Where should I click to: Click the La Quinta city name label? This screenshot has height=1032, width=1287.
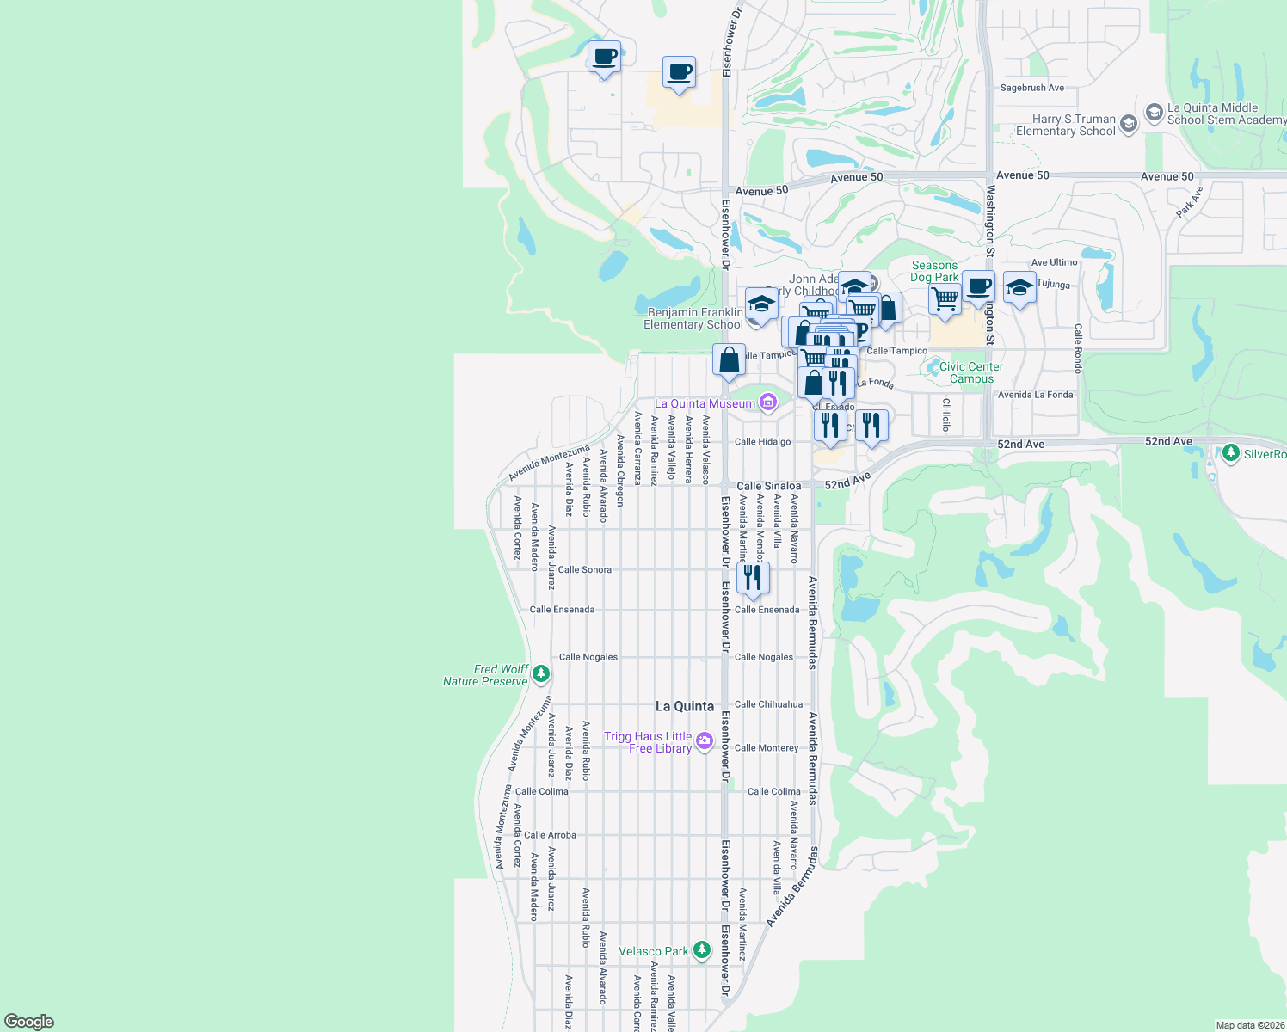click(x=685, y=706)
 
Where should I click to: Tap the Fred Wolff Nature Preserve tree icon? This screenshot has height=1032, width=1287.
click(x=541, y=673)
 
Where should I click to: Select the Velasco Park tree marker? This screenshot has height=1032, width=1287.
click(x=703, y=950)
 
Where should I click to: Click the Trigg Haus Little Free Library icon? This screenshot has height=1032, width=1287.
click(x=705, y=740)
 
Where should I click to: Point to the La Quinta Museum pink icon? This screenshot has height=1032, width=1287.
click(x=767, y=402)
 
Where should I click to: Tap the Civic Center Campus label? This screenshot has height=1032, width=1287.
click(x=971, y=372)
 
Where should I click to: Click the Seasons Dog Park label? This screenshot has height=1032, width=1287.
click(x=934, y=271)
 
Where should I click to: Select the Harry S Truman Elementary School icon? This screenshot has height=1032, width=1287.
click(x=1129, y=124)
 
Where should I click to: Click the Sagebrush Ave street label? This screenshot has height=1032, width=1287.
click(x=1031, y=88)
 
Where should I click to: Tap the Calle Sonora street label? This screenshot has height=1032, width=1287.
click(x=585, y=569)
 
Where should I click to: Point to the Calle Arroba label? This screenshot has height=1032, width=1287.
click(x=550, y=835)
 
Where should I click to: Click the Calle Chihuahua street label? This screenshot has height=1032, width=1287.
click(x=768, y=704)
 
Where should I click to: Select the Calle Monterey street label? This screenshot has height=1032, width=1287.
click(x=767, y=748)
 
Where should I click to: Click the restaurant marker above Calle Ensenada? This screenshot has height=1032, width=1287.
click(x=753, y=579)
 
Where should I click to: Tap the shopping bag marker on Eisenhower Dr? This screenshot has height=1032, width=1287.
click(x=729, y=361)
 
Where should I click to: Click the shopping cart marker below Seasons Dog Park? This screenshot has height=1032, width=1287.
click(x=945, y=300)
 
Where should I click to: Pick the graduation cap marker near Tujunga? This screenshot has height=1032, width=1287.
click(x=1019, y=288)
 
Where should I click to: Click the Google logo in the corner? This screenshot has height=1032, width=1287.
click(x=29, y=1021)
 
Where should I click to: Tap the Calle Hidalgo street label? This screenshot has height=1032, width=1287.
click(x=762, y=442)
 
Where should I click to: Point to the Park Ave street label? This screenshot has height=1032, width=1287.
click(x=1189, y=202)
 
